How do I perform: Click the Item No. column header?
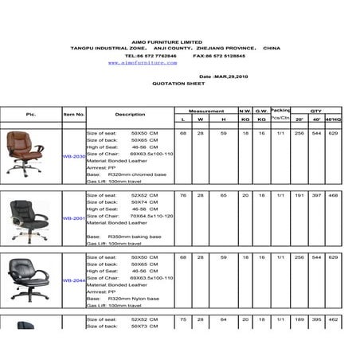tap(74, 115)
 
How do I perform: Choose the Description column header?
tap(130, 115)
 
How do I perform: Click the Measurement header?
tap(206, 111)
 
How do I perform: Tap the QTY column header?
tap(315, 111)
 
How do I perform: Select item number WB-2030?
tap(74, 157)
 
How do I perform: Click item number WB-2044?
tap(74, 280)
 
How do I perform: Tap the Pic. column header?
tap(31, 115)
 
